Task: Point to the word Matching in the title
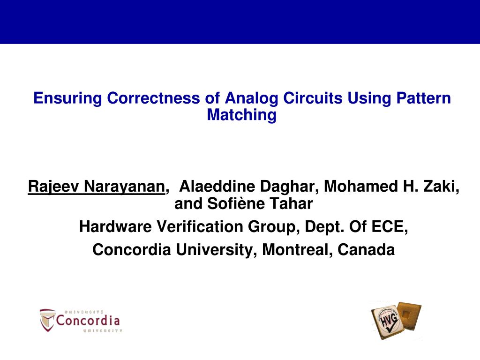(242, 115)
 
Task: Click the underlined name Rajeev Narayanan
(96, 187)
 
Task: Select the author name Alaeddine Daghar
(248, 187)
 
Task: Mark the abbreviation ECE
(389, 227)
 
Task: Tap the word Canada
(366, 250)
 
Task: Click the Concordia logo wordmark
(88, 321)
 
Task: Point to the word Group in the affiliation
(273, 227)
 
